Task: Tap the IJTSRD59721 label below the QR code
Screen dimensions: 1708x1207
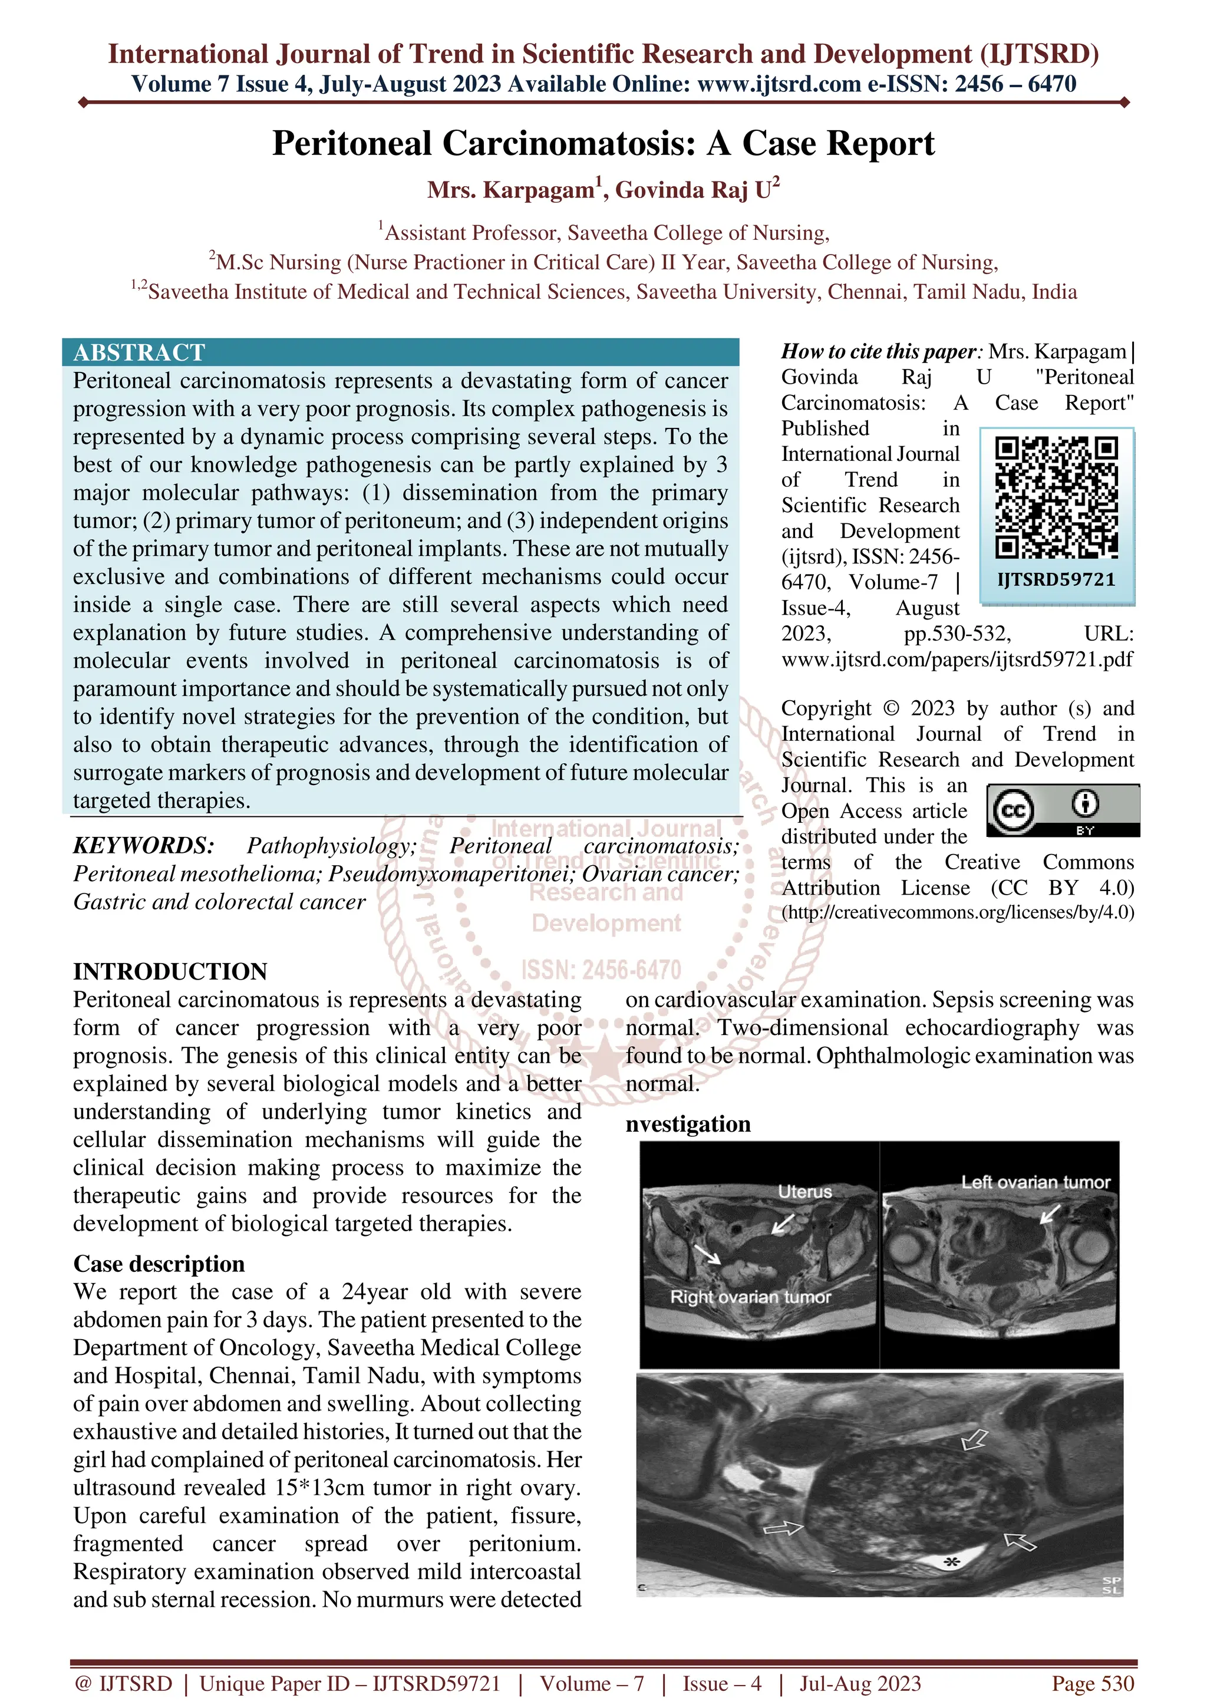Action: pos(1056,579)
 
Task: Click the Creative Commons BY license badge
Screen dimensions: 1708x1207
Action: pos(1063,810)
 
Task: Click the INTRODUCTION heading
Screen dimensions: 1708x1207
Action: pos(170,971)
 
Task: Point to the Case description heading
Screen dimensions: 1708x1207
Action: pos(159,1264)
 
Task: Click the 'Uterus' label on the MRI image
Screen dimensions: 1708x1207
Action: pos(804,1191)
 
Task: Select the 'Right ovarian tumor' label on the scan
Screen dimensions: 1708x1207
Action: pos(750,1297)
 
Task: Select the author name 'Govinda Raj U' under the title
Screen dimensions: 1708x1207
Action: pos(697,190)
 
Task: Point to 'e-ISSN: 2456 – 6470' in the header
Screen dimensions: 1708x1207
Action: pos(972,84)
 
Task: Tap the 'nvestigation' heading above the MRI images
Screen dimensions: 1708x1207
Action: pos(688,1124)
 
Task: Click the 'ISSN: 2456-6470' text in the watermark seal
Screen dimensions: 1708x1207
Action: pos(601,970)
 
